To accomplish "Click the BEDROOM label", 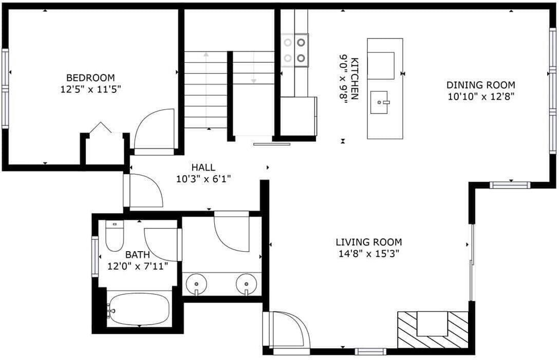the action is [x=91, y=78].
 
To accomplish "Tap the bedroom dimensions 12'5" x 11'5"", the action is [x=91, y=89].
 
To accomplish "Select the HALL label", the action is [x=203, y=167].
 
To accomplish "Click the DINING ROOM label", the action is [x=481, y=85].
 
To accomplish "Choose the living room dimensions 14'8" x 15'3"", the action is [x=368, y=254].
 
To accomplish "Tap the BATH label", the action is [x=138, y=255].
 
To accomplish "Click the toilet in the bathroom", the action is [x=115, y=236].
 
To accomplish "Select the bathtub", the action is [x=139, y=308].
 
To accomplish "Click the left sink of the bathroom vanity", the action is [x=196, y=284].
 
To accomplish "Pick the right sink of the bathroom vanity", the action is [x=247, y=284].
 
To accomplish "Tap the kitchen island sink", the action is [x=379, y=102].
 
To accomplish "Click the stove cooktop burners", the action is [x=295, y=50].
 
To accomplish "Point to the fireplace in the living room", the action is [x=433, y=329].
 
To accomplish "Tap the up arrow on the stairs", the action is [x=206, y=89].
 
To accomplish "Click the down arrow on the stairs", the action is [x=254, y=68].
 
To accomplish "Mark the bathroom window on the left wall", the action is [x=95, y=256].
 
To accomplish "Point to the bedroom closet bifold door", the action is [x=100, y=127].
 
